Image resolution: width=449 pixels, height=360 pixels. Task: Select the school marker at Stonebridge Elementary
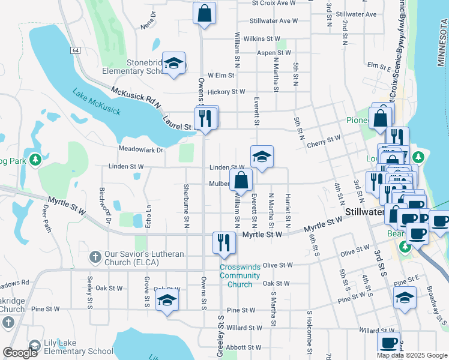(x=173, y=63)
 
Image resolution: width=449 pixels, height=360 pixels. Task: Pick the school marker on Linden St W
(x=262, y=157)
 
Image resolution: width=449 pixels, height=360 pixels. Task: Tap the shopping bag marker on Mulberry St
(x=241, y=179)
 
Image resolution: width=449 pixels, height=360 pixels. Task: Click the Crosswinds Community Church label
(x=240, y=275)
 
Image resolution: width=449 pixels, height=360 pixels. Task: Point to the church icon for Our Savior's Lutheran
(x=94, y=257)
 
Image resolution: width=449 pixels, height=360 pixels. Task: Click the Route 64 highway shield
(x=74, y=51)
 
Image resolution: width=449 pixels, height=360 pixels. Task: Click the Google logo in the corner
(x=20, y=352)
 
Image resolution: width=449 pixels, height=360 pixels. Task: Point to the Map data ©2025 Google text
(x=412, y=355)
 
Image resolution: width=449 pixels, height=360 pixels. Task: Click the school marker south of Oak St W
(x=167, y=301)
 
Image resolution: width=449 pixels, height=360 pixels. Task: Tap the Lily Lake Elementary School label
(x=78, y=347)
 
